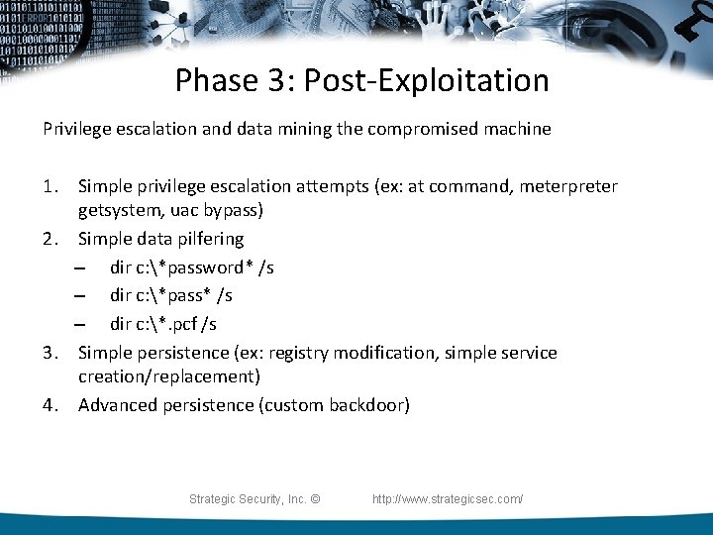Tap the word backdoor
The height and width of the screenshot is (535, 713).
tap(369, 405)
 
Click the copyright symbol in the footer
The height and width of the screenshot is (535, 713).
tap(315, 499)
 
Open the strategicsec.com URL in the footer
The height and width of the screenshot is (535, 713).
tap(448, 499)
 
